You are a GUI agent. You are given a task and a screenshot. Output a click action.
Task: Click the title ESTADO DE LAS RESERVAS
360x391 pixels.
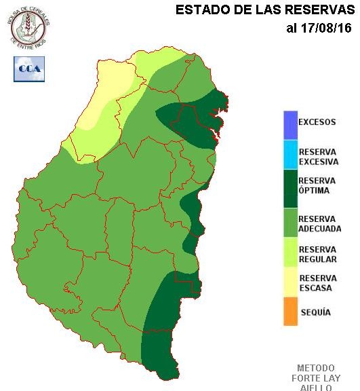(x=265, y=10)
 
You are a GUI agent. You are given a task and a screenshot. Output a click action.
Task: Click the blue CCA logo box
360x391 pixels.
(x=28, y=69)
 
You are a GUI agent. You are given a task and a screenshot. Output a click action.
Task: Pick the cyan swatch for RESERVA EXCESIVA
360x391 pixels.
(x=290, y=154)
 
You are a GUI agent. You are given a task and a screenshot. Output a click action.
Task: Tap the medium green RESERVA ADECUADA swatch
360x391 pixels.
(x=290, y=224)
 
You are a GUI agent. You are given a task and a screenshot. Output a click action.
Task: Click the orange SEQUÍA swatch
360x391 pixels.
(x=290, y=312)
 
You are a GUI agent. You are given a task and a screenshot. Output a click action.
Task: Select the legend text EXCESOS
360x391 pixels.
(x=317, y=123)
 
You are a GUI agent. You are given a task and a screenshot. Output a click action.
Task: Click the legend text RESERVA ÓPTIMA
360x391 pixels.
(x=317, y=185)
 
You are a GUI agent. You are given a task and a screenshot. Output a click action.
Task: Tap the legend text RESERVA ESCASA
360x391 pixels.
(x=317, y=283)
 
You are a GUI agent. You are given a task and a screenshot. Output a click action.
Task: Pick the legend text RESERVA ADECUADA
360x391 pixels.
(x=319, y=224)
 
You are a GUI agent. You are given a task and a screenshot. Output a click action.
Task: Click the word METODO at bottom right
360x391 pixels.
(x=316, y=368)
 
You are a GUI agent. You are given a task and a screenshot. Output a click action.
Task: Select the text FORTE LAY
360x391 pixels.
(x=316, y=378)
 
